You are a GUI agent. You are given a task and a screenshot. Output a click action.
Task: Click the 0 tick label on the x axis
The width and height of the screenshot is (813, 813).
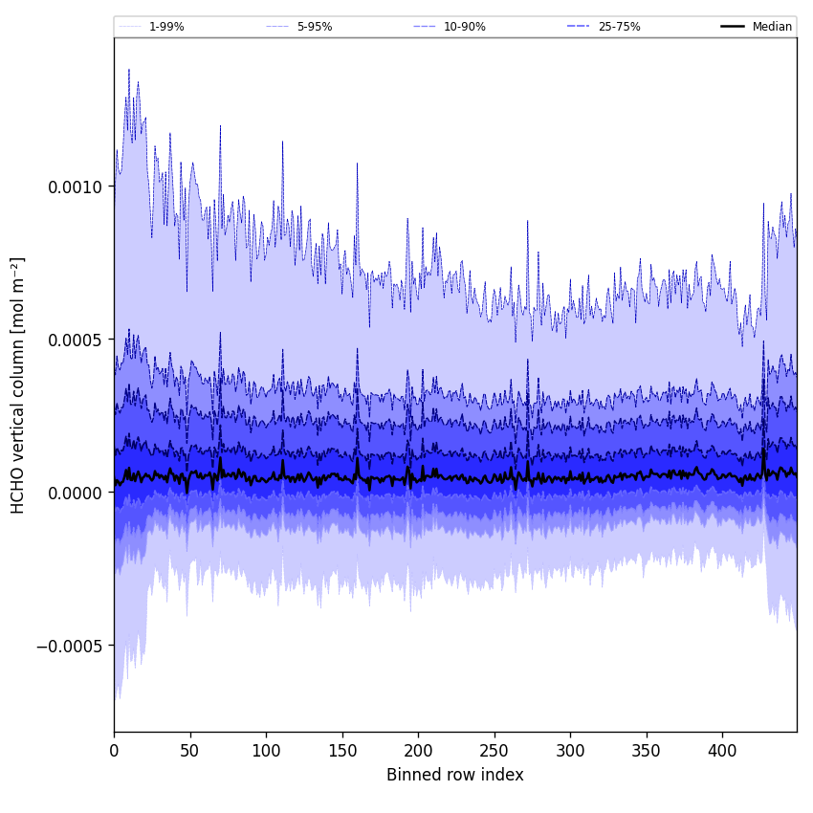click(x=114, y=751)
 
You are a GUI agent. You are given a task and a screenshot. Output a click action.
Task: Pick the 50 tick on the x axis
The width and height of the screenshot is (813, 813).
click(x=189, y=751)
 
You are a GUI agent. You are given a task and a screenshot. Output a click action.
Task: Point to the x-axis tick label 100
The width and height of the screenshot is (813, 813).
click(x=266, y=751)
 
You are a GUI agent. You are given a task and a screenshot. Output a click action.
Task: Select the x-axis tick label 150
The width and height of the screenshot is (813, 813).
click(x=341, y=751)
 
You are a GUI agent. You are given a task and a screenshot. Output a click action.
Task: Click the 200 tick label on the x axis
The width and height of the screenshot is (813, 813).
click(x=418, y=751)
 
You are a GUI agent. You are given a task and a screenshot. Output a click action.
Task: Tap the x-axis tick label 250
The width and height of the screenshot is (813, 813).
click(x=494, y=751)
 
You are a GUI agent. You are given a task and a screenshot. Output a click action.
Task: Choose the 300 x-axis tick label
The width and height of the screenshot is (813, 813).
click(x=570, y=751)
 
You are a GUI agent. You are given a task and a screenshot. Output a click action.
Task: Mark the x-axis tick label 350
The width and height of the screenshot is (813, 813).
click(x=647, y=751)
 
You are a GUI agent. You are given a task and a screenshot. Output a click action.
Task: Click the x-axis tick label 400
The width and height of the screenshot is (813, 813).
click(x=722, y=751)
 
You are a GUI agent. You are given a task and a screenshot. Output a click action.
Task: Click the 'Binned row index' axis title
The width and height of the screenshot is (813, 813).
click(x=455, y=775)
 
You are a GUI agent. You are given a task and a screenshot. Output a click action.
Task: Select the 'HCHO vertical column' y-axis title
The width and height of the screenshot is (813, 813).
click(x=19, y=385)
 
